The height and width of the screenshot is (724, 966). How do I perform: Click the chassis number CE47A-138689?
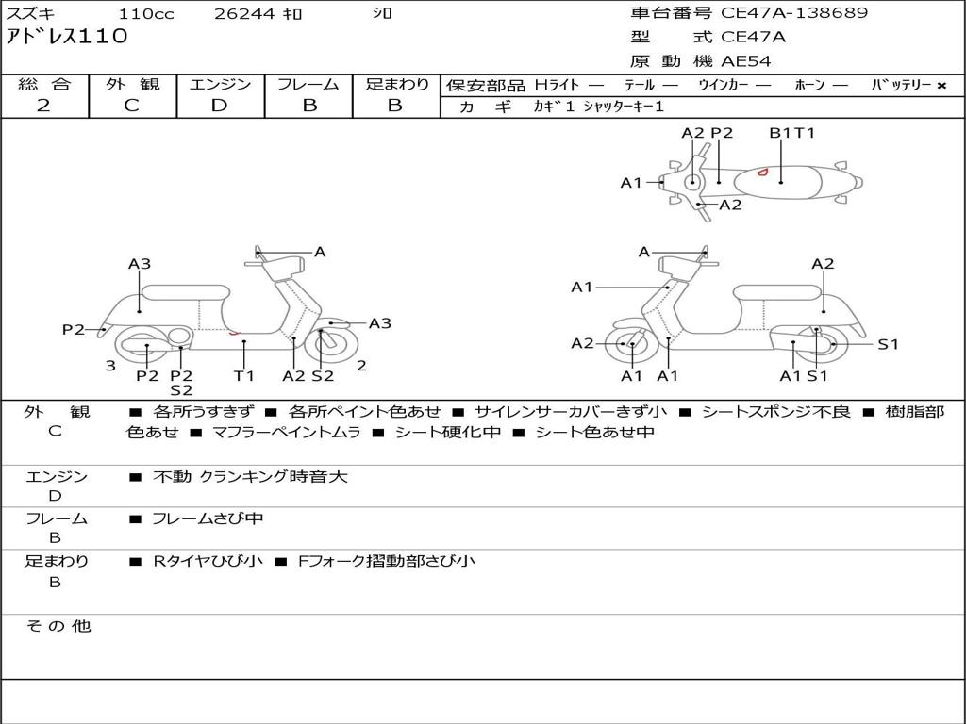794,13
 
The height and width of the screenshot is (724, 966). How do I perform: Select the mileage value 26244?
244,14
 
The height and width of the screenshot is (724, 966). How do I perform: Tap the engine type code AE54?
746,61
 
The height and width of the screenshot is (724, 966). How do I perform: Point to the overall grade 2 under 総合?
43,106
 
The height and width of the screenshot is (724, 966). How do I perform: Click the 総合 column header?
44,84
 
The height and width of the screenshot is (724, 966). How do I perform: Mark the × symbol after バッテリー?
941,86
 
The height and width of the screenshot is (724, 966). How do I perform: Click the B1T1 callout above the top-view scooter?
791,133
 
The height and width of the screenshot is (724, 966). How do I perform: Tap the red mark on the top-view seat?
763,172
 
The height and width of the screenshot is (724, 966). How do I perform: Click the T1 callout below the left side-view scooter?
244,376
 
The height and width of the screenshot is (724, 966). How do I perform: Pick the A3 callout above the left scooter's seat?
140,264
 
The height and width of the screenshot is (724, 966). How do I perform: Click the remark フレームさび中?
208,518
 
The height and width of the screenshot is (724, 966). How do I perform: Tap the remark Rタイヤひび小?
208,561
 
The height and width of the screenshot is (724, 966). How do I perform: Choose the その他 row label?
58,626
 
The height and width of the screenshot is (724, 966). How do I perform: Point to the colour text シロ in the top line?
382,14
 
